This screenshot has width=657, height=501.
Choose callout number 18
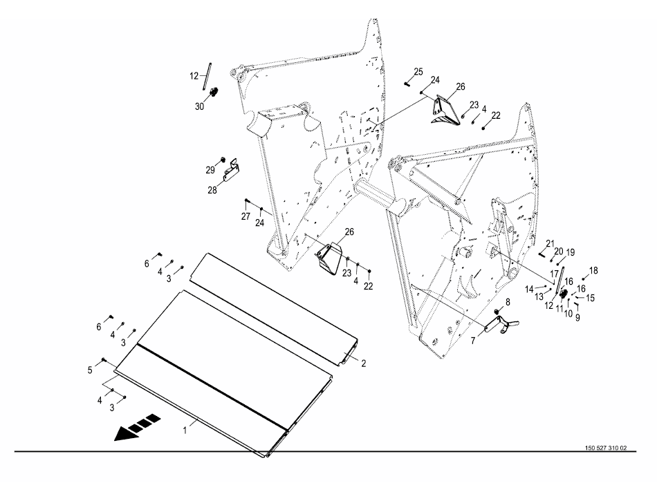click(x=593, y=271)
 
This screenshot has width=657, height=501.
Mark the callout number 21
click(x=550, y=243)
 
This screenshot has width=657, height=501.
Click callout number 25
click(x=418, y=72)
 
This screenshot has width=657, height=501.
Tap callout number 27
click(x=246, y=216)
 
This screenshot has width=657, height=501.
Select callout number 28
click(x=212, y=189)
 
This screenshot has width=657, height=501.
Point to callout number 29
click(x=210, y=169)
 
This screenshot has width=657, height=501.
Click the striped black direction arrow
click(x=137, y=427)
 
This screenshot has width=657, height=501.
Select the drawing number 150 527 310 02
click(x=604, y=448)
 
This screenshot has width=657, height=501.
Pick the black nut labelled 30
click(x=214, y=92)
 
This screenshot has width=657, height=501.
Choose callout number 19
click(x=571, y=252)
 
